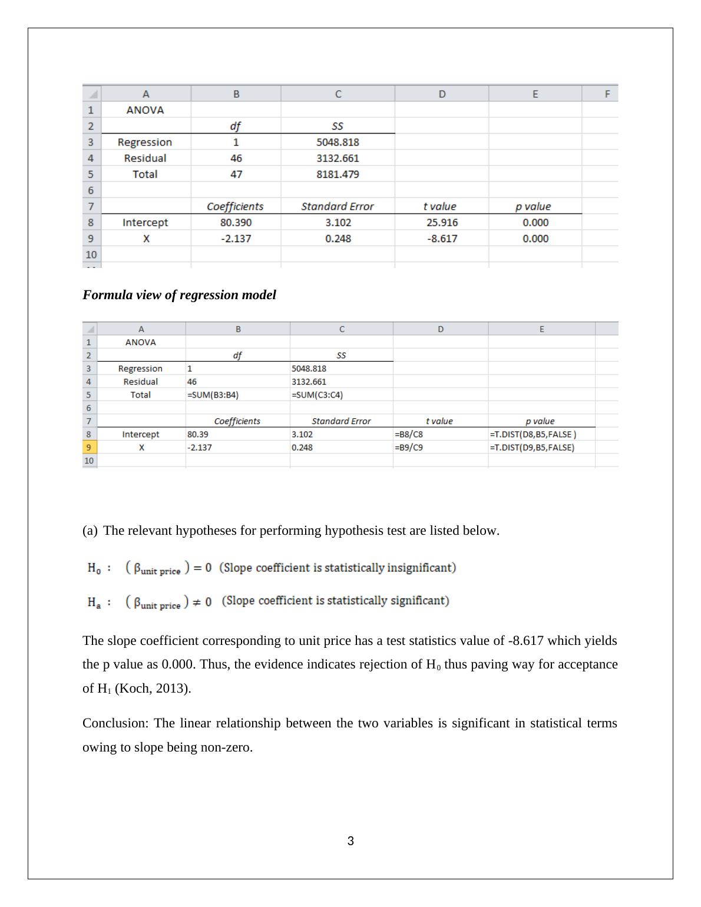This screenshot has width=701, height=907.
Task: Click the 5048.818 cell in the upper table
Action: point(338,142)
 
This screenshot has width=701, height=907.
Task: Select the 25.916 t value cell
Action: point(442,223)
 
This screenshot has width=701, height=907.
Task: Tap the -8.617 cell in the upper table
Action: point(442,239)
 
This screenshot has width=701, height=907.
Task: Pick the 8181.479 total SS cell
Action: point(338,174)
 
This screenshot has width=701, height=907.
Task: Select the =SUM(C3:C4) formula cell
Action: point(317,395)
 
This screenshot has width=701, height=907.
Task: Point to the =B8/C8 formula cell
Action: point(409,435)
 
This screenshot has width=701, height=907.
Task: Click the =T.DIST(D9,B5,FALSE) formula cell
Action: point(532,448)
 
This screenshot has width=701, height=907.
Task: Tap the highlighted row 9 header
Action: point(90,448)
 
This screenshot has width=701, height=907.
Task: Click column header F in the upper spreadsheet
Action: point(607,94)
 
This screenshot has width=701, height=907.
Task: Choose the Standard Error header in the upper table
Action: point(338,207)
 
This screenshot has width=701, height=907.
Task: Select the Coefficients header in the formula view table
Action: point(237,422)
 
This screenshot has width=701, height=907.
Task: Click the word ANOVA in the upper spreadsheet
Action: point(145,110)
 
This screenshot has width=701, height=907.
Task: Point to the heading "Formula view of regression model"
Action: point(179,295)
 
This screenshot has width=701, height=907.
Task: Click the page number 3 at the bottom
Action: point(350,841)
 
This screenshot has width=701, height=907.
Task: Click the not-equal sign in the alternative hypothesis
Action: point(198,602)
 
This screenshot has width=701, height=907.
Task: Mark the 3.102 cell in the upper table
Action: point(338,223)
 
